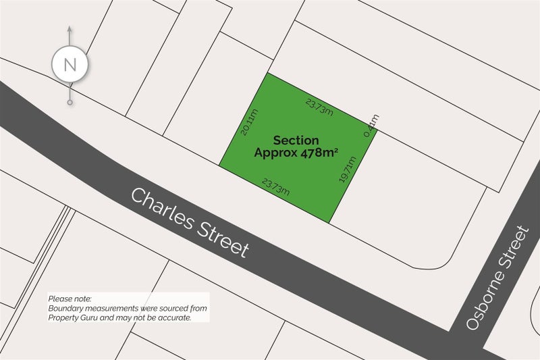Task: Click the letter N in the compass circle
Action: pos(70,65)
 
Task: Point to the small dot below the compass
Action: pos(70,103)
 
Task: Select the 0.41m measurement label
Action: pos(371,126)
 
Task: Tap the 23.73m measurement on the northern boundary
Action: pos(319,107)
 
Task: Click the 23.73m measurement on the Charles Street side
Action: pos(275,186)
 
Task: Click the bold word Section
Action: pos(296,140)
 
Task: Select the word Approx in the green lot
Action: pos(274,153)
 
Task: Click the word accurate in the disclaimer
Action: pos(173,317)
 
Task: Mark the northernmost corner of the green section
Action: pos(269,73)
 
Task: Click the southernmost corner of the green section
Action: pos(329,223)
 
